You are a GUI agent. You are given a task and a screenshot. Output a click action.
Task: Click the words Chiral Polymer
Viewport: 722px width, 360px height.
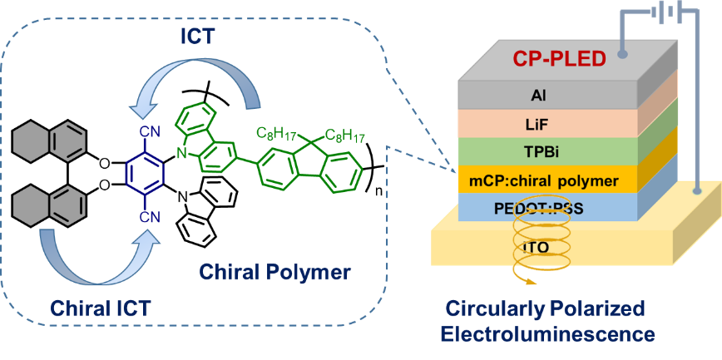coord(274,272)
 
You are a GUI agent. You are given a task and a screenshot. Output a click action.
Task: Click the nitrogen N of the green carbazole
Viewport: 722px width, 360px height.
coord(180,152)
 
